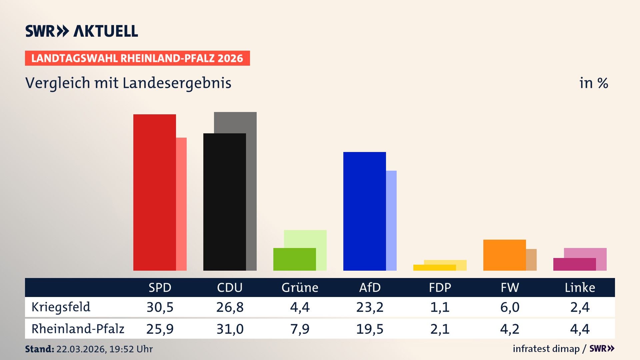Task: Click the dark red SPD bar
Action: tap(154, 192)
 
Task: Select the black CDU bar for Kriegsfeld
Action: tap(224, 202)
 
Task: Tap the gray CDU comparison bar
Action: tap(251, 190)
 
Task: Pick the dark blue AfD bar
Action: tap(364, 211)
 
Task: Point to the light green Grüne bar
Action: tap(305, 239)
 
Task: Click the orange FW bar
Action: tap(504, 255)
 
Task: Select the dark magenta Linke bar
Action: tap(574, 264)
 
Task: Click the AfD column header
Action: tap(370, 287)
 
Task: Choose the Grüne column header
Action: tap(300, 287)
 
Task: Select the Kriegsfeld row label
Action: tap(61, 307)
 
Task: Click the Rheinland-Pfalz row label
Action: tap(78, 329)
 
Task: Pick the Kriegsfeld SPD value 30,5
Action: tap(160, 307)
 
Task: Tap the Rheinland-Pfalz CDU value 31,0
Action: tap(230, 329)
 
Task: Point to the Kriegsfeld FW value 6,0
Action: tap(510, 307)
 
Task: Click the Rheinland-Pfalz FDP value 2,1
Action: tap(440, 329)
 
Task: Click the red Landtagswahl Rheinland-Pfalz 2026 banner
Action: tap(137, 58)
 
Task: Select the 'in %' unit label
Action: tap(594, 83)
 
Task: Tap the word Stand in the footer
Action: tap(39, 349)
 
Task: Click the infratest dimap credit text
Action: tap(546, 349)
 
